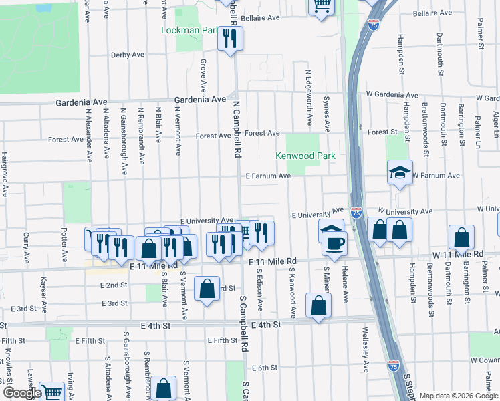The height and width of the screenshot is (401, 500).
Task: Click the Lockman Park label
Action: click(191, 31)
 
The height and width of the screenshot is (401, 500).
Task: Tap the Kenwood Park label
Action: click(305, 156)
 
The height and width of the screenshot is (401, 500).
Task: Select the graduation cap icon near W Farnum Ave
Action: click(400, 172)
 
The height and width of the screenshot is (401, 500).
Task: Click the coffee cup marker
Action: click(335, 243)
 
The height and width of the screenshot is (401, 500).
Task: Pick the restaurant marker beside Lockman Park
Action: click(230, 39)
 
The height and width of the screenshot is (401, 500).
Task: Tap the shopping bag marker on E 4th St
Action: click(319, 305)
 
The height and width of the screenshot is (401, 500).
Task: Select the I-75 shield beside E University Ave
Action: click(356, 213)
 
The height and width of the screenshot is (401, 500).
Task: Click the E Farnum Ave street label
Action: click(267, 176)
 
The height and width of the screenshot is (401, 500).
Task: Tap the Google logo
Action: click(21, 393)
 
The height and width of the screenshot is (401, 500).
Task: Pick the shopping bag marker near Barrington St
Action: click(462, 237)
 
